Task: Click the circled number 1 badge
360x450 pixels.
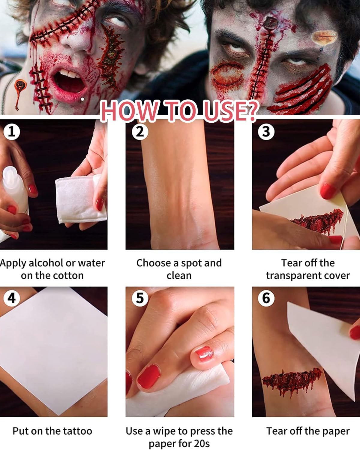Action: tap(12, 132)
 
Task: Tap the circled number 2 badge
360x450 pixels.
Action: tap(140, 132)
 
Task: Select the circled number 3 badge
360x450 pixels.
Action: tap(266, 132)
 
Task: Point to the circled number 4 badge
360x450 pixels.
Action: tap(12, 298)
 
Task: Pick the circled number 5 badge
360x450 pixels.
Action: tap(140, 298)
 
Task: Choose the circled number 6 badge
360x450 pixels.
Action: tap(266, 298)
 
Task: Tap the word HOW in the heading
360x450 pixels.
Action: tap(129, 111)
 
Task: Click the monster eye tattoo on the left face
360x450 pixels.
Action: tap(111, 56)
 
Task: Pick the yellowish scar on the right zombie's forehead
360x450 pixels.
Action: tap(324, 37)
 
